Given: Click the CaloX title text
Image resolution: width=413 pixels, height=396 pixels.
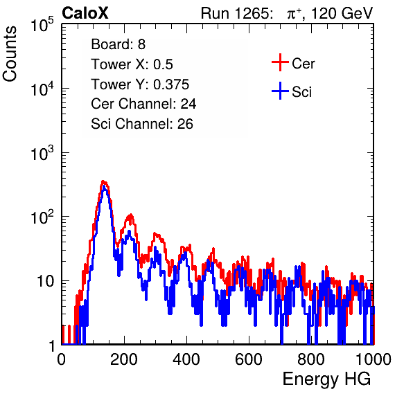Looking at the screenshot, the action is click(x=85, y=13).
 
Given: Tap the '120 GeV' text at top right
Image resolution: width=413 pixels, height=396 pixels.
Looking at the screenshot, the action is click(x=342, y=13).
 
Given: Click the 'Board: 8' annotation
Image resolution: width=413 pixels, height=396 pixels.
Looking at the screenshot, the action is click(x=118, y=44).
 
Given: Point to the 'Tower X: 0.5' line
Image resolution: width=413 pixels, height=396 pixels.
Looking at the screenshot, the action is click(x=132, y=64).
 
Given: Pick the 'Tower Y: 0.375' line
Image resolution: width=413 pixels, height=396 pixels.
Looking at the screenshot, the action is click(x=140, y=84).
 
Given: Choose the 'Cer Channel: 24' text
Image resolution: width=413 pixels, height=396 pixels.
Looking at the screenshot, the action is click(x=143, y=104).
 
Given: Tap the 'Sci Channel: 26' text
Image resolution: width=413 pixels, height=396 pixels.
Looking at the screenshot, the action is click(x=141, y=124).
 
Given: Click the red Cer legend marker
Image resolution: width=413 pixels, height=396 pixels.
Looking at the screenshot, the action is click(x=280, y=62).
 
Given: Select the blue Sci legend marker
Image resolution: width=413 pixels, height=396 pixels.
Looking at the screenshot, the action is click(x=280, y=91).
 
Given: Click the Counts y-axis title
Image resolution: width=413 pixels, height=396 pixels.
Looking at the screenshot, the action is click(x=10, y=54).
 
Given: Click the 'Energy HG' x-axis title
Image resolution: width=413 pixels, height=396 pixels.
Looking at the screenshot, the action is click(x=326, y=379).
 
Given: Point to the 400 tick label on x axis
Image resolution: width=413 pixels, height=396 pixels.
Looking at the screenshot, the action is click(x=186, y=359).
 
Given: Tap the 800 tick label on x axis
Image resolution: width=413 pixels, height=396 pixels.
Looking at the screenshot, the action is click(x=311, y=359).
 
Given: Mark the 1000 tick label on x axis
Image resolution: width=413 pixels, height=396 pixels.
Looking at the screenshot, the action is click(x=373, y=359).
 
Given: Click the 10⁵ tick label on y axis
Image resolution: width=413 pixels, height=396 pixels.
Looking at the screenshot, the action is click(x=42, y=25).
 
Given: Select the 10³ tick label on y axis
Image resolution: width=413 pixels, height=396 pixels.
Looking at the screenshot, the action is click(x=42, y=154).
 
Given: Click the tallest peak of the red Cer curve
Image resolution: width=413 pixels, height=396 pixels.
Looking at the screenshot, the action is click(x=104, y=181).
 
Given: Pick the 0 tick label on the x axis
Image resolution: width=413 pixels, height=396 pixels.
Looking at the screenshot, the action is click(x=62, y=359).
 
